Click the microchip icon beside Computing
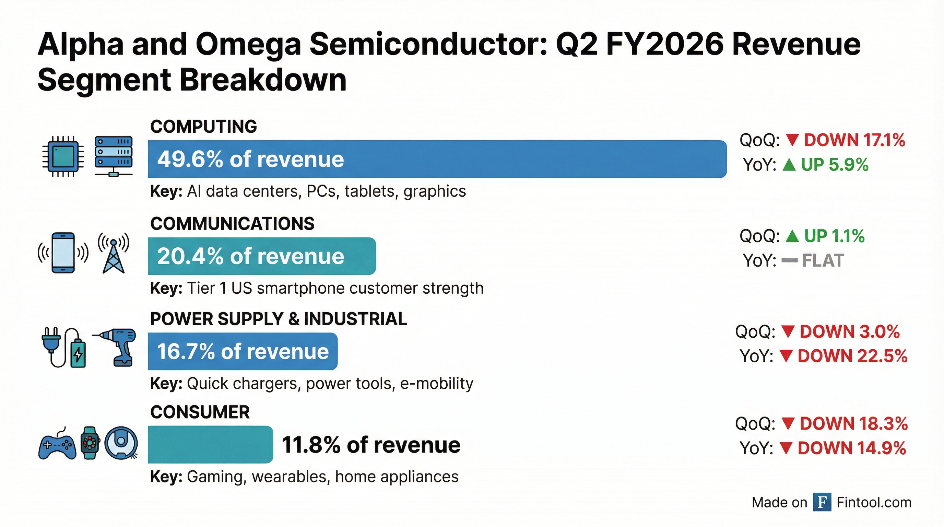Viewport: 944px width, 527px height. [x=63, y=157]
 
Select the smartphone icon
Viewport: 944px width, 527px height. [x=63, y=253]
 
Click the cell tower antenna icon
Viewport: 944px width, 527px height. [x=114, y=253]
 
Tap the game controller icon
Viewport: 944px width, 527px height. [x=57, y=445]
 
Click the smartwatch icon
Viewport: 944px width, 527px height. [x=90, y=443]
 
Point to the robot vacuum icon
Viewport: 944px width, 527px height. [x=121, y=443]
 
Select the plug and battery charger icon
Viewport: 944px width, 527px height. [x=64, y=347]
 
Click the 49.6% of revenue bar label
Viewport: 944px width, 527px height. [x=250, y=160]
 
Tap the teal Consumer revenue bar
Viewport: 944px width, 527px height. [x=210, y=444]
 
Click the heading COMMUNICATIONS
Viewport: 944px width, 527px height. [x=232, y=224]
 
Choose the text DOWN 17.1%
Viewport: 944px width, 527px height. [x=854, y=140]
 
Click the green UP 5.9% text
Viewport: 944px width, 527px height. [x=835, y=165]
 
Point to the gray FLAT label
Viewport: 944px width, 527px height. [x=823, y=260]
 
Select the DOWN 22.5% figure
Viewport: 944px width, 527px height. [x=852, y=356]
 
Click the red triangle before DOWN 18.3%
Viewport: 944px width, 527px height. [x=788, y=424]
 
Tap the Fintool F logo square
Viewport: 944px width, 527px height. [x=822, y=502]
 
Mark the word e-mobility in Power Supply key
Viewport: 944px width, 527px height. [x=436, y=384]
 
